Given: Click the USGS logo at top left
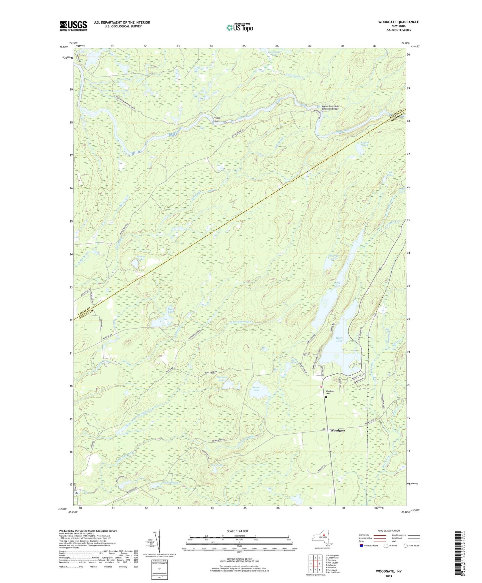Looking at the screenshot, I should coord(73,26).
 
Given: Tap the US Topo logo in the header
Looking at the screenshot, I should coord(239,27).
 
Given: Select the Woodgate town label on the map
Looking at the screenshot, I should coord(337,430).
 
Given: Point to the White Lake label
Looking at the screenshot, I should coord(339,339).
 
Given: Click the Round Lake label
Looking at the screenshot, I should coord(256,389).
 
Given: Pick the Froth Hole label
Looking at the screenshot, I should coord(216,119).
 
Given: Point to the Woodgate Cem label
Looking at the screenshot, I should coord(330,392).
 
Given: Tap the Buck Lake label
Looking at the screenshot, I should coord(171,310).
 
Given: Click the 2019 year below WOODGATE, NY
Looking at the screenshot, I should coord(389,576).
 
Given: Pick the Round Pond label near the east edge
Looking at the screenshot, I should coord(365,144).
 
